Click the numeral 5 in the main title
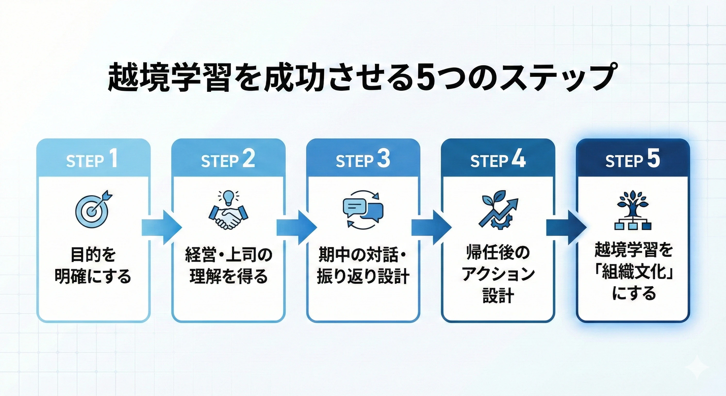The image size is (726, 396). pos(425,77)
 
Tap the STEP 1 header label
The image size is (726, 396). pos(92,160)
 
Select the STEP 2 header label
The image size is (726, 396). pos(228,160)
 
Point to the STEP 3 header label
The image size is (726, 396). pos(363,160)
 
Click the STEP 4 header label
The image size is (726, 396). pos(498,160)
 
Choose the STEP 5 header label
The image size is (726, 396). pos(633,160)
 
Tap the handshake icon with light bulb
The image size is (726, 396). pos(228,210)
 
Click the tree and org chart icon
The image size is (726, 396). pos(633,210)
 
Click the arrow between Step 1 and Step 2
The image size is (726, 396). pos(161,228)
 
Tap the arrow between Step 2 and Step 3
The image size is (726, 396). pos(296,228)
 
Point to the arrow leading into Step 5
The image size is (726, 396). pos(566,228)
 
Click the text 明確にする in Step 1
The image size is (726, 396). pos(93,276)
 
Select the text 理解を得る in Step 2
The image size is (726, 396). pos(228,276)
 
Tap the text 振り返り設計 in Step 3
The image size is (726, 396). pos(363,276)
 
